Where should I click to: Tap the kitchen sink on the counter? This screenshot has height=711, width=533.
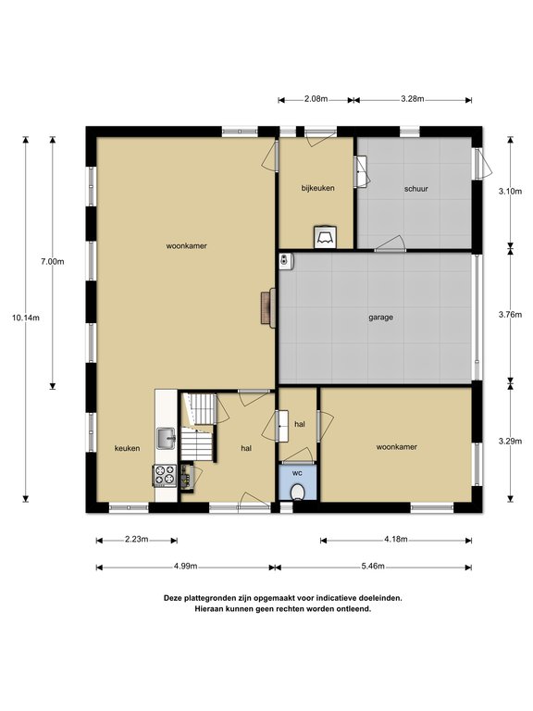(x=167, y=439)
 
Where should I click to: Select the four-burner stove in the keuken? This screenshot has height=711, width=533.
(x=165, y=476)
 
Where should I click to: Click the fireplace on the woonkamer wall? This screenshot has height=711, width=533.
(x=268, y=307)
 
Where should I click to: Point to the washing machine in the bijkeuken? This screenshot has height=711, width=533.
(x=326, y=237)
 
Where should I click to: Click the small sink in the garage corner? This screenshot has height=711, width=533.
(x=286, y=261)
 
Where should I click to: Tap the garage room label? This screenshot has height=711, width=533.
(x=380, y=318)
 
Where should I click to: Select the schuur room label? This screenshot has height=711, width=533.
(x=416, y=189)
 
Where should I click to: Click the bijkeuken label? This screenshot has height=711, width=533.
(x=318, y=188)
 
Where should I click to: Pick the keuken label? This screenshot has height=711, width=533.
(x=128, y=448)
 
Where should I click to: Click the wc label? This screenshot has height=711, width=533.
(x=297, y=473)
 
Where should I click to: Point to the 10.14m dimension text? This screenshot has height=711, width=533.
(x=26, y=318)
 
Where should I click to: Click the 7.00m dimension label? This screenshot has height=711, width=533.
(x=53, y=262)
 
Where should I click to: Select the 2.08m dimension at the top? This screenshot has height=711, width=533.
(x=316, y=99)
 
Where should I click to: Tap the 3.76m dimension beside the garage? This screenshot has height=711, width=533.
(x=511, y=315)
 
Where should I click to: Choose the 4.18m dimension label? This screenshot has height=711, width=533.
(x=396, y=540)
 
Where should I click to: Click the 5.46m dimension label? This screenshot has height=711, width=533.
(x=373, y=566)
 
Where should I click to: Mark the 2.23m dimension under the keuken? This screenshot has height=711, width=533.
(x=136, y=539)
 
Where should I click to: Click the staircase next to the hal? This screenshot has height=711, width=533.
(x=199, y=427)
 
